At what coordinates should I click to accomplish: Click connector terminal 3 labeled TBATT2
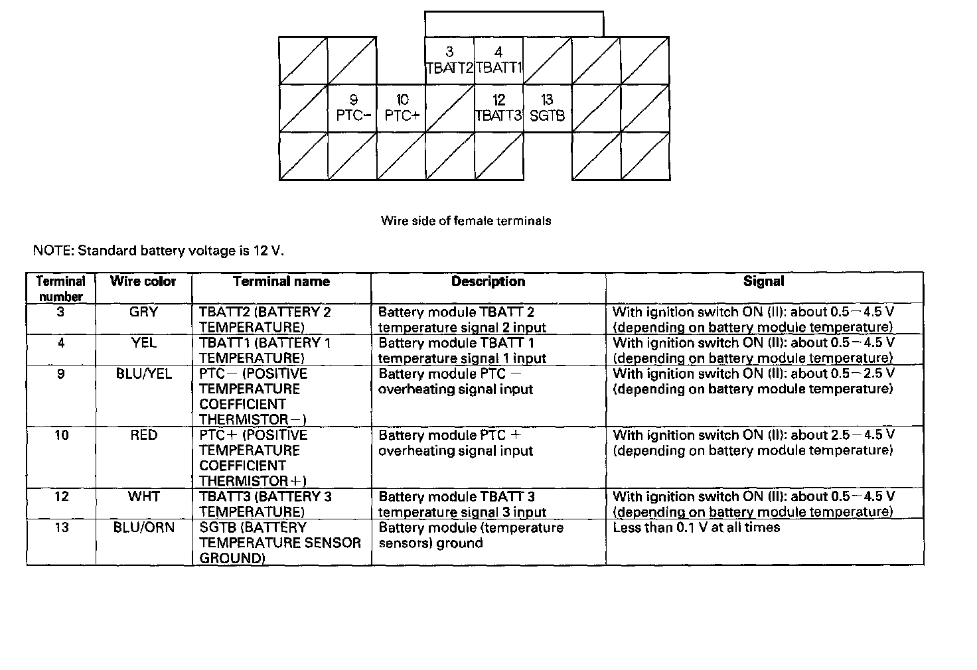click(449, 60)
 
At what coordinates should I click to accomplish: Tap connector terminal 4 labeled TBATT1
click(498, 60)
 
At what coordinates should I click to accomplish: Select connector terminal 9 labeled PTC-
click(352, 108)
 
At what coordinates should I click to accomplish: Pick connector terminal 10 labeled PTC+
click(402, 108)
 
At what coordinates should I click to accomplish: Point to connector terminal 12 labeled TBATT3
click(498, 108)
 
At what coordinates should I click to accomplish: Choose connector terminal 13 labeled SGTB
click(548, 108)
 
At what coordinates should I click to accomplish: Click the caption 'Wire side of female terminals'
click(466, 221)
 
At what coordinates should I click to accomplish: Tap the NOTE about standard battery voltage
click(159, 251)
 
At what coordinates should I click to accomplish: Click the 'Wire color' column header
click(143, 281)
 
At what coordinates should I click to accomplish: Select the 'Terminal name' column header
click(281, 281)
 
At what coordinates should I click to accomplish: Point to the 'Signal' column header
click(763, 281)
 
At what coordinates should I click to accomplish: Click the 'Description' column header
click(488, 281)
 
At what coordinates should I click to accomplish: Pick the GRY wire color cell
click(143, 312)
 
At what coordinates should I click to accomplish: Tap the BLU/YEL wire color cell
click(143, 374)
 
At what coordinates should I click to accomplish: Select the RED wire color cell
click(143, 435)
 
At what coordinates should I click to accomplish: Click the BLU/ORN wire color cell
click(143, 527)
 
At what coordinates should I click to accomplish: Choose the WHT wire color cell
click(143, 497)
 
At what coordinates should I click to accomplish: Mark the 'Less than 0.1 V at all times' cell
click(696, 527)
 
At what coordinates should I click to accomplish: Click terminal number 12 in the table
click(61, 497)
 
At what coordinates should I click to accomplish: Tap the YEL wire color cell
click(143, 343)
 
